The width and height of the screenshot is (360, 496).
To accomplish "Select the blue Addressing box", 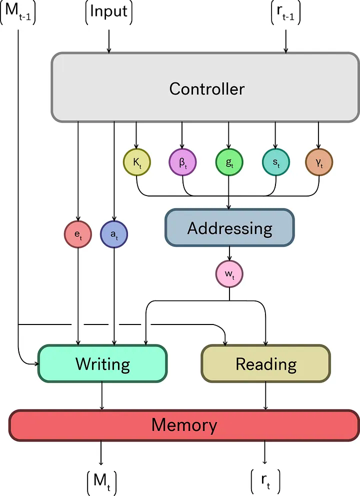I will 229,228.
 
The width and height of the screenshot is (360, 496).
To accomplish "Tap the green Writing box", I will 102,363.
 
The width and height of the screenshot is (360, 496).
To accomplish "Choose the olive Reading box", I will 265,363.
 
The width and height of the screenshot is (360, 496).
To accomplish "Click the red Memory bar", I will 184,425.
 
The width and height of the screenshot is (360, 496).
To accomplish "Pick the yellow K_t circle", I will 136,162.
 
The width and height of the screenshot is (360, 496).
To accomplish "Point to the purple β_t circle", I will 182,162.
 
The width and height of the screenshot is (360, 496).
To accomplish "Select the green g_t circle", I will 229,162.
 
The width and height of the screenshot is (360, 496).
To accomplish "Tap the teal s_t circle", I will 275,162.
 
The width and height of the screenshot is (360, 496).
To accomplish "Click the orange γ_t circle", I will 319,162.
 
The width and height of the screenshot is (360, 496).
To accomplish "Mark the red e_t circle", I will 78,233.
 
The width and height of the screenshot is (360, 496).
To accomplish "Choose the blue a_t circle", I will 114,233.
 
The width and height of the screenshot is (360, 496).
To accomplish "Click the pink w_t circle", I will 229,274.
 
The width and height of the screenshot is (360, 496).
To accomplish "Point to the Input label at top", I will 108,12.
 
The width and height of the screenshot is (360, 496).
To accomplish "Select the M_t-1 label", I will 18,12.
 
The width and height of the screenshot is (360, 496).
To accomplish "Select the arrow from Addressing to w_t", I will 229,254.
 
